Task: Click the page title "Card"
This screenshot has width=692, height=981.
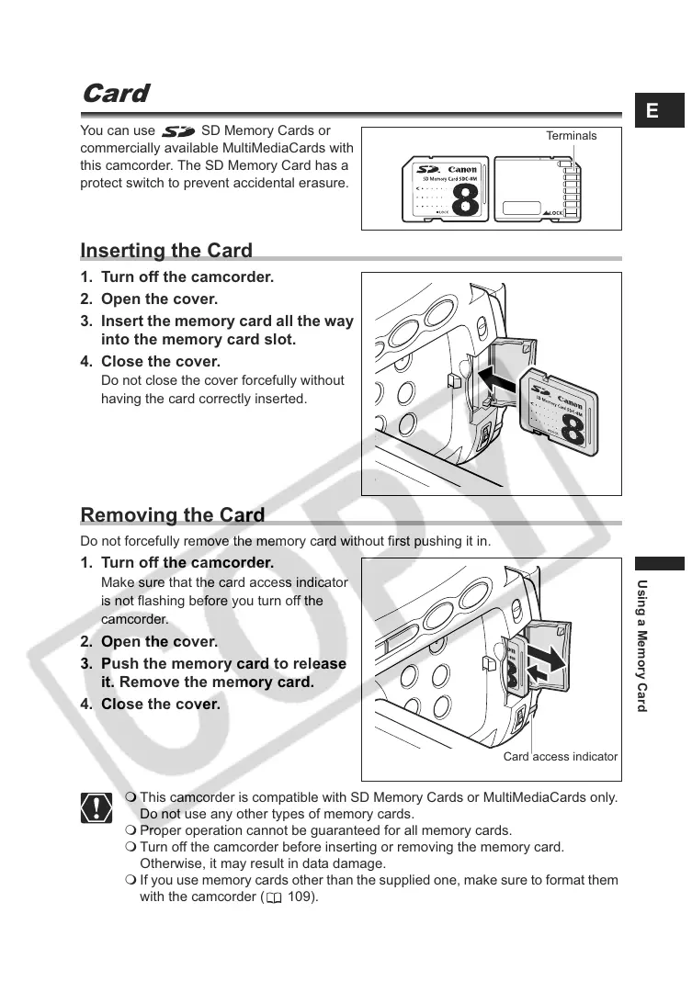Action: click(x=115, y=94)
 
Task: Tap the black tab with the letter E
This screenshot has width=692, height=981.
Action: click(x=652, y=111)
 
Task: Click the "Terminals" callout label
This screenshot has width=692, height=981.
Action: click(x=571, y=136)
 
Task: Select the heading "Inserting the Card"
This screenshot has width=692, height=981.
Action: click(x=166, y=251)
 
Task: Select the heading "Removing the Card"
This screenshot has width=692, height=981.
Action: click(x=173, y=515)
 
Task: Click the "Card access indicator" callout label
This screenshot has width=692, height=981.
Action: click(x=561, y=757)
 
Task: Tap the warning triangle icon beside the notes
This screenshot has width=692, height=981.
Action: click(x=96, y=807)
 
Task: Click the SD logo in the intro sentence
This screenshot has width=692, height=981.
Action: click(x=177, y=132)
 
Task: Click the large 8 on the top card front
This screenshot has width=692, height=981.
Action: click(x=466, y=200)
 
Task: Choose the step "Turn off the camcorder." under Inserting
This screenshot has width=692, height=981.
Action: click(x=187, y=277)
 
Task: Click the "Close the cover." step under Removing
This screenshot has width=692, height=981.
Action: click(x=161, y=705)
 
